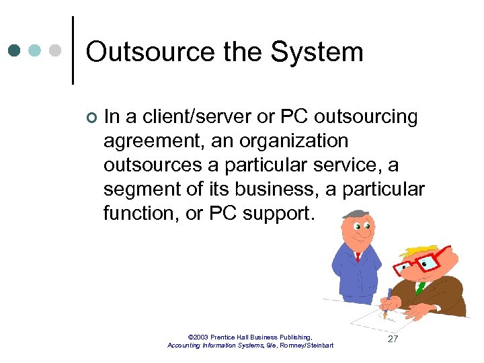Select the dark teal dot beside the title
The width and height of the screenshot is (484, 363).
(x=14, y=50)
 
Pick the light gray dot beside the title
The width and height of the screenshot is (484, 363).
(x=56, y=50)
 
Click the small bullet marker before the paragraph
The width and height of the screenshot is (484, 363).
(x=91, y=118)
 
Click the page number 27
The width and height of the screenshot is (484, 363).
(x=393, y=339)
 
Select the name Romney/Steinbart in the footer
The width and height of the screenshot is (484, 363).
(x=311, y=345)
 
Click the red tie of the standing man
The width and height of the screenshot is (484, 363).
(x=358, y=256)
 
